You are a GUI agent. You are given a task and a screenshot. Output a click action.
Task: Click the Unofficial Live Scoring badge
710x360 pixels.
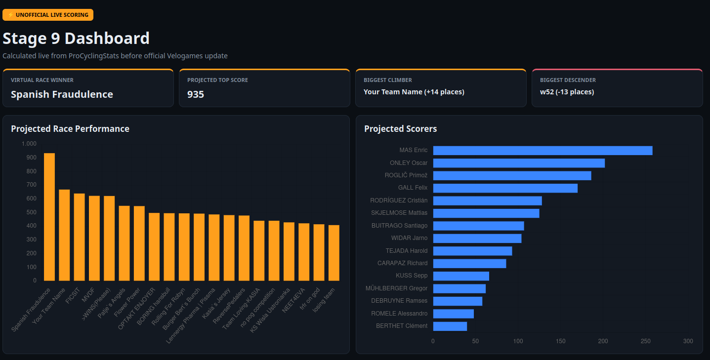pos(48,15)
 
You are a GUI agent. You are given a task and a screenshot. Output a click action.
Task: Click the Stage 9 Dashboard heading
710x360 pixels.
pos(76,39)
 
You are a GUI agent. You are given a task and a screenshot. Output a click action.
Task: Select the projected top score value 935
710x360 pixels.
pos(196,94)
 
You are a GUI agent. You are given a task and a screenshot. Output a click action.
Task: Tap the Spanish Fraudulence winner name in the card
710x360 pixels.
pos(62,94)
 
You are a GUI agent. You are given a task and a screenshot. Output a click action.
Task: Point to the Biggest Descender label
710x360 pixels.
pos(568,80)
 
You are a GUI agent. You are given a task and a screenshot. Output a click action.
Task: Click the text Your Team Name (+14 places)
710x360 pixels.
pos(414,92)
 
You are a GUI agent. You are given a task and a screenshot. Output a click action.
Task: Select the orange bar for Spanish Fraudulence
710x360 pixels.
pos(49,217)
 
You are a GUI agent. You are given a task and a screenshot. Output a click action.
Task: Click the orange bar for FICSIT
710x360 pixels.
pos(79,237)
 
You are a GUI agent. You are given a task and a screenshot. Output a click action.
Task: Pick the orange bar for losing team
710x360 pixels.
pos(334,253)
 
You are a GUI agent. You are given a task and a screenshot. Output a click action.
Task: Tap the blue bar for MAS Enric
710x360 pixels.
pos(543,151)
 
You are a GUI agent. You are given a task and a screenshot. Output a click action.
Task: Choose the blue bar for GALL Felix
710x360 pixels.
pos(505,188)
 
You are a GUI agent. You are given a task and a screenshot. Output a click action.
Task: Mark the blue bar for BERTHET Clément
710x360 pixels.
pos(450,326)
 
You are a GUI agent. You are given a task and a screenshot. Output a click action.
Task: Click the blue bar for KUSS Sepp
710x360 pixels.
pos(461,276)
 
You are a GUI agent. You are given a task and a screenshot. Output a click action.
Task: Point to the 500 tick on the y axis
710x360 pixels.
pos(32,212)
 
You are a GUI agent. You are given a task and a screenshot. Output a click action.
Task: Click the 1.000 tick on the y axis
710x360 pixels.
pos(29,144)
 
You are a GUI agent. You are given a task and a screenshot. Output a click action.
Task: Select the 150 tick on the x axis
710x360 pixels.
pos(560,341)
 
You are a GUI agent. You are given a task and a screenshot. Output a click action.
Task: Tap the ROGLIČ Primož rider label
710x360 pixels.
pos(406,175)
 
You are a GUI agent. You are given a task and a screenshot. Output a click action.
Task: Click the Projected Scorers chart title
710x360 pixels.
pos(400,129)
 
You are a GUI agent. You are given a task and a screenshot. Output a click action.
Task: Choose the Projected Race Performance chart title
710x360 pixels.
pos(70,129)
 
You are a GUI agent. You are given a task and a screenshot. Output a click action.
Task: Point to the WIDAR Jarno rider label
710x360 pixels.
pos(409,238)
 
